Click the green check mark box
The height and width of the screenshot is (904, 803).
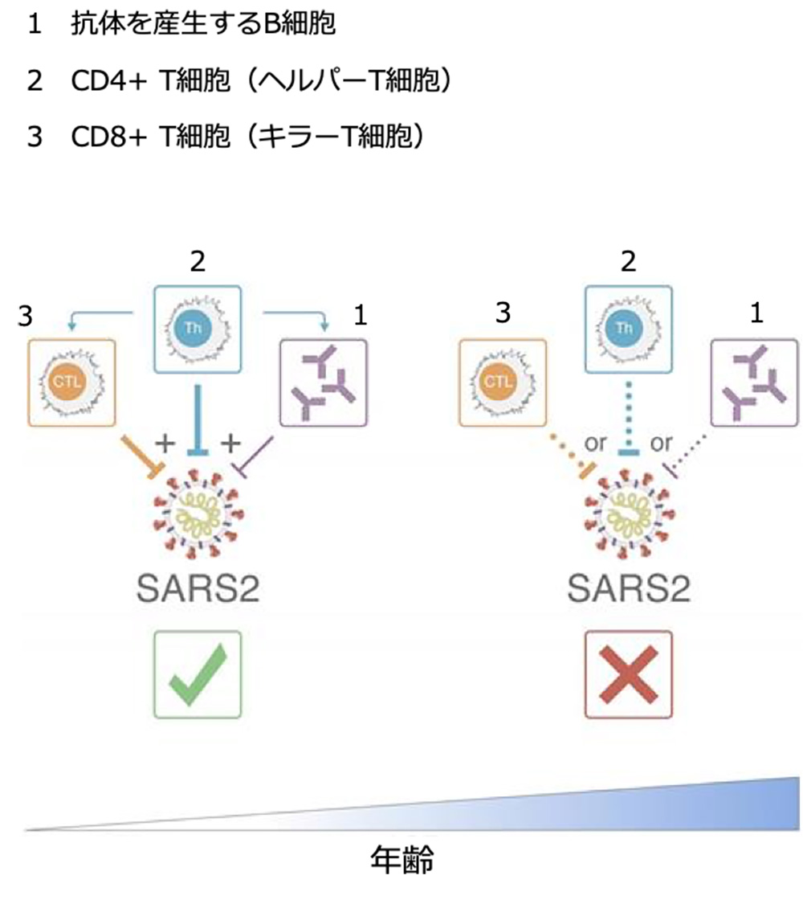click(x=197, y=673)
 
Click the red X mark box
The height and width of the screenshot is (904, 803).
click(x=628, y=673)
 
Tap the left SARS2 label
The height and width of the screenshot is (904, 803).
click(x=197, y=589)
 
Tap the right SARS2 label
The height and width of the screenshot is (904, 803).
click(x=629, y=589)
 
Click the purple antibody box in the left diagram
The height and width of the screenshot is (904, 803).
click(x=323, y=382)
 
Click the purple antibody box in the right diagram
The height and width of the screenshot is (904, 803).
click(x=755, y=382)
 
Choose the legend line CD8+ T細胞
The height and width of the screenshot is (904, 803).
click(x=245, y=136)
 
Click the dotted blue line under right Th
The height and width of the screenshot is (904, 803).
click(x=628, y=418)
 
